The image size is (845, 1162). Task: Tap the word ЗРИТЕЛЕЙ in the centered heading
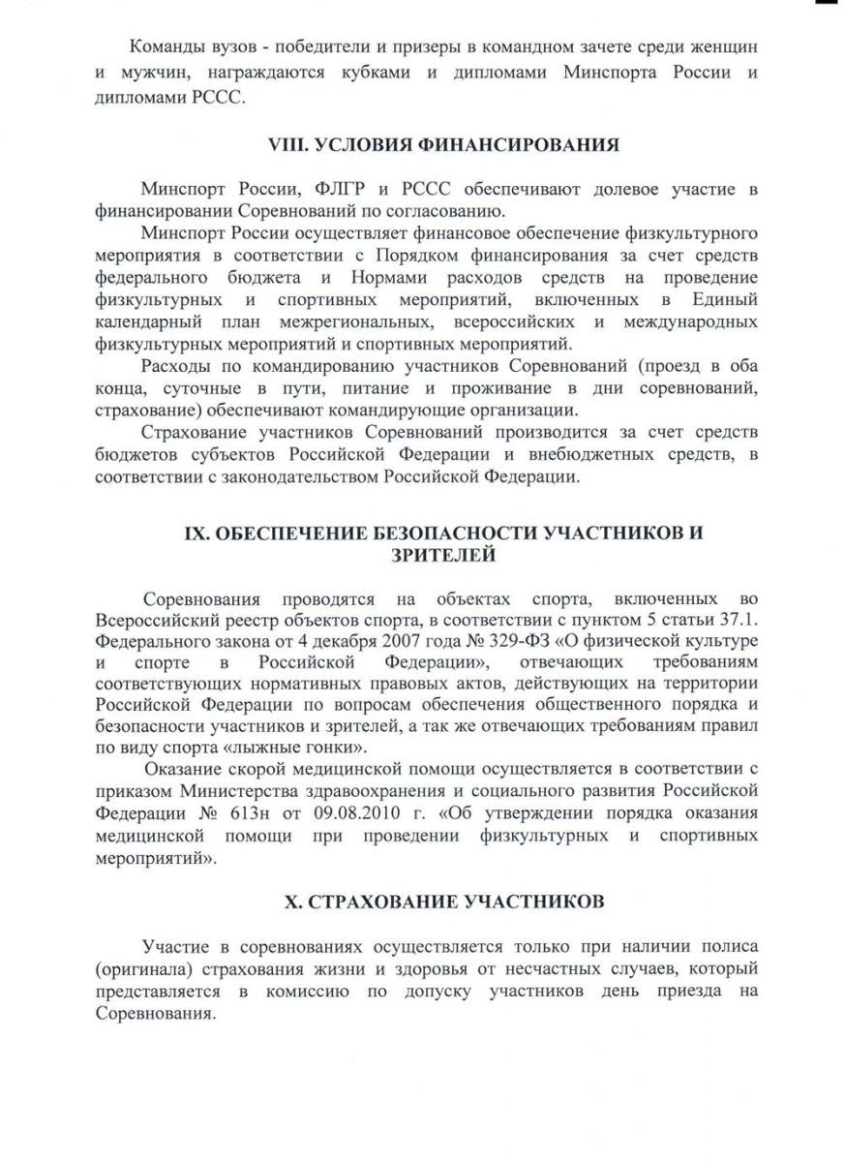tap(444, 554)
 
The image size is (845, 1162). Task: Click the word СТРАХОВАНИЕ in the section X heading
tap(379, 902)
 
